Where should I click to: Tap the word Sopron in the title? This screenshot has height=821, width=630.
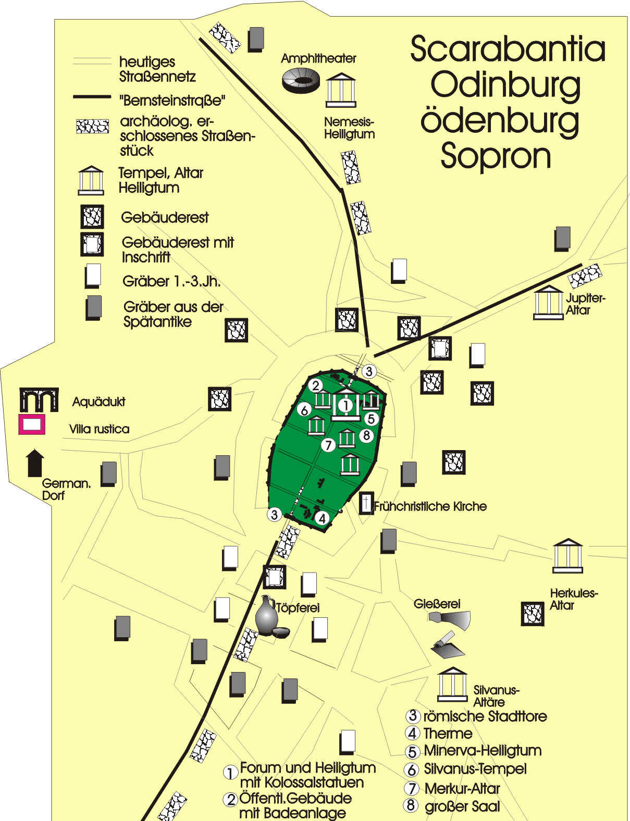(496, 155)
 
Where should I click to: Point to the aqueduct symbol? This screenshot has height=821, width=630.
(39, 399)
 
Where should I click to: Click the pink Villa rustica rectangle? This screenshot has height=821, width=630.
(32, 425)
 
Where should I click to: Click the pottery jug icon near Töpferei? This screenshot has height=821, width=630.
(267, 616)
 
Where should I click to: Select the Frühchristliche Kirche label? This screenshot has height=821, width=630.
(430, 506)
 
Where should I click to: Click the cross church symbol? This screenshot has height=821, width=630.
(367, 503)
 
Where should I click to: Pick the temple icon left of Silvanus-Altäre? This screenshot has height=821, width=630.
(452, 685)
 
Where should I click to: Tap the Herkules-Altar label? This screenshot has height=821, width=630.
(573, 599)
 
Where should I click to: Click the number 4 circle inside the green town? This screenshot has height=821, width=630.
(323, 518)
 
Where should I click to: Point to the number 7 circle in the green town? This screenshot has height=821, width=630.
(328, 445)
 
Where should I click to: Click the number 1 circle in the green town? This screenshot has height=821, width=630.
(345, 405)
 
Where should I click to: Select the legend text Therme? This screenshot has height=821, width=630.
(448, 733)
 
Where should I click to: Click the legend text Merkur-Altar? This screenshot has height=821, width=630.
(462, 789)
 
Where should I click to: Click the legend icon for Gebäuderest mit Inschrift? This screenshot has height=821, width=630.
(92, 244)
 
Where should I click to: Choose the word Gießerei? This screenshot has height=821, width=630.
(437, 604)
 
